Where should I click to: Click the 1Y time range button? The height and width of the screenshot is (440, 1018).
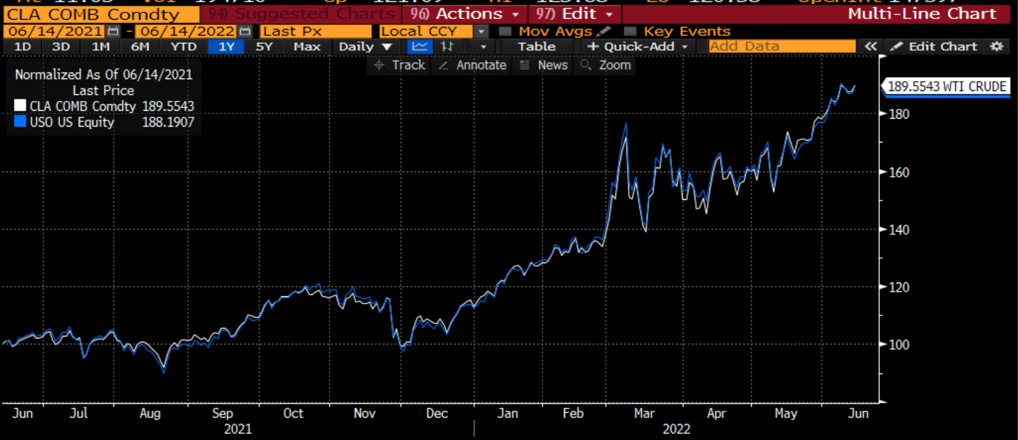(226, 46)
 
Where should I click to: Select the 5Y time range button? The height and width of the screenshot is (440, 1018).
(264, 46)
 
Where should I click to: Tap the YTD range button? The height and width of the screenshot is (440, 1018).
(183, 46)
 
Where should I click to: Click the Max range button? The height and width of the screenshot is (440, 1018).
(307, 46)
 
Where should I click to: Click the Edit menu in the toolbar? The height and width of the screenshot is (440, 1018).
(574, 14)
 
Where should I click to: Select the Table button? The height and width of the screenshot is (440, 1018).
(536, 46)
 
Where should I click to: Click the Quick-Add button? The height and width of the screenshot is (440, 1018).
(638, 46)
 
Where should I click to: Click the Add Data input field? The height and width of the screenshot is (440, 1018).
(782, 46)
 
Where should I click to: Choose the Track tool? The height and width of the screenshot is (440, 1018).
(400, 65)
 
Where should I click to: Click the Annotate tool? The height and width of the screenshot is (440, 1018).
(473, 65)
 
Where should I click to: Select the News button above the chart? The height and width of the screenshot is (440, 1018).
(544, 65)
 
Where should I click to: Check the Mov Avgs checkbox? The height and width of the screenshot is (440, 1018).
(505, 31)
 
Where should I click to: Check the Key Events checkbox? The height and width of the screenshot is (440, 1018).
(630, 31)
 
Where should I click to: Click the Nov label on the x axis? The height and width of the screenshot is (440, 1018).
(364, 414)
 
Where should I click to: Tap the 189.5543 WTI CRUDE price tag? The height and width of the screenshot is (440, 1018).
(946, 86)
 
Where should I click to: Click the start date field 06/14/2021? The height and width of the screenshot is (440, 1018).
(53, 31)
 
